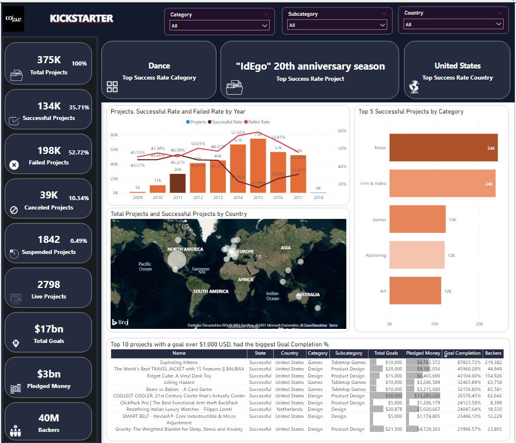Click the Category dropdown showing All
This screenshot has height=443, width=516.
point(219,25)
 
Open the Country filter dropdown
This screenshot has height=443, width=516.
point(453,24)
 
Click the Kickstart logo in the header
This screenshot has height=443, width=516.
point(13,18)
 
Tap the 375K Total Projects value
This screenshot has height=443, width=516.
point(49,60)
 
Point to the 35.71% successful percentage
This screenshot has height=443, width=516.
point(79,108)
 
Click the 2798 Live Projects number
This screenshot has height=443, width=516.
point(49,284)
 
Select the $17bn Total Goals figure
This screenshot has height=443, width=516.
point(49,329)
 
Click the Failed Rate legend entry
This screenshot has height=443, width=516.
point(259,122)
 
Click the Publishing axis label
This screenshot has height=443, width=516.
point(376,255)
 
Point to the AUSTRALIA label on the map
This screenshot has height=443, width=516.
point(308,295)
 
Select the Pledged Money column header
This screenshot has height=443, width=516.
point(423,353)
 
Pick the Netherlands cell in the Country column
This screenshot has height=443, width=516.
point(290,409)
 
